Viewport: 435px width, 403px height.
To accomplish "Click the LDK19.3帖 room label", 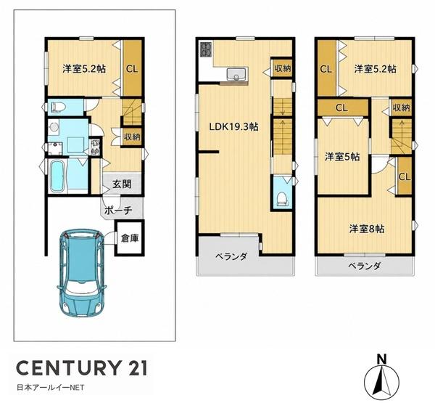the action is tap(233, 127).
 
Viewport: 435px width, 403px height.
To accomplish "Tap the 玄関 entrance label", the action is tap(122, 184).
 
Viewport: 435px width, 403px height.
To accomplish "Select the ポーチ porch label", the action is tap(118, 211).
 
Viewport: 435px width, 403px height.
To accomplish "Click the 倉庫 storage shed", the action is tap(130, 237).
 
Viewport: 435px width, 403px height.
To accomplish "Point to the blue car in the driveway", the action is tap(82, 273).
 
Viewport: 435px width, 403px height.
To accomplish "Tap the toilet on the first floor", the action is tap(57, 107).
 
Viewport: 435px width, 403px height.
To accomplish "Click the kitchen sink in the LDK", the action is tap(237, 73).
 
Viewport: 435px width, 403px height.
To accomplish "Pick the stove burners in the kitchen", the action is tap(206, 49).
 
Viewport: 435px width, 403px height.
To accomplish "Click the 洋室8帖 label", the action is tap(366, 229).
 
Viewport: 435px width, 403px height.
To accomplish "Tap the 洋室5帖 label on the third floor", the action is tap(342, 157).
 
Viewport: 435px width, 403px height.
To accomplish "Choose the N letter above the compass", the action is tap(382, 359).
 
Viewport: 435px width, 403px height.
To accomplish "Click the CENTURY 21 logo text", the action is tap(81, 367).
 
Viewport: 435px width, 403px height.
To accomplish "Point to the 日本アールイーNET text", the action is tap(51, 388).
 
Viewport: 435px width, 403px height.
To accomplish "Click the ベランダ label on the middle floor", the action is tap(231, 257).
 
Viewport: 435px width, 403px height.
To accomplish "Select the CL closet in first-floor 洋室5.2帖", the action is tap(132, 68).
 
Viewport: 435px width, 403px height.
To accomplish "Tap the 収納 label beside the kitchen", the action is tap(282, 68).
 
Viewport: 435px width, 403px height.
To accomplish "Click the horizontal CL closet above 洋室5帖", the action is tap(342, 108).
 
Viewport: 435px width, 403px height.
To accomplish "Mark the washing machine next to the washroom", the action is tap(95, 147).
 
